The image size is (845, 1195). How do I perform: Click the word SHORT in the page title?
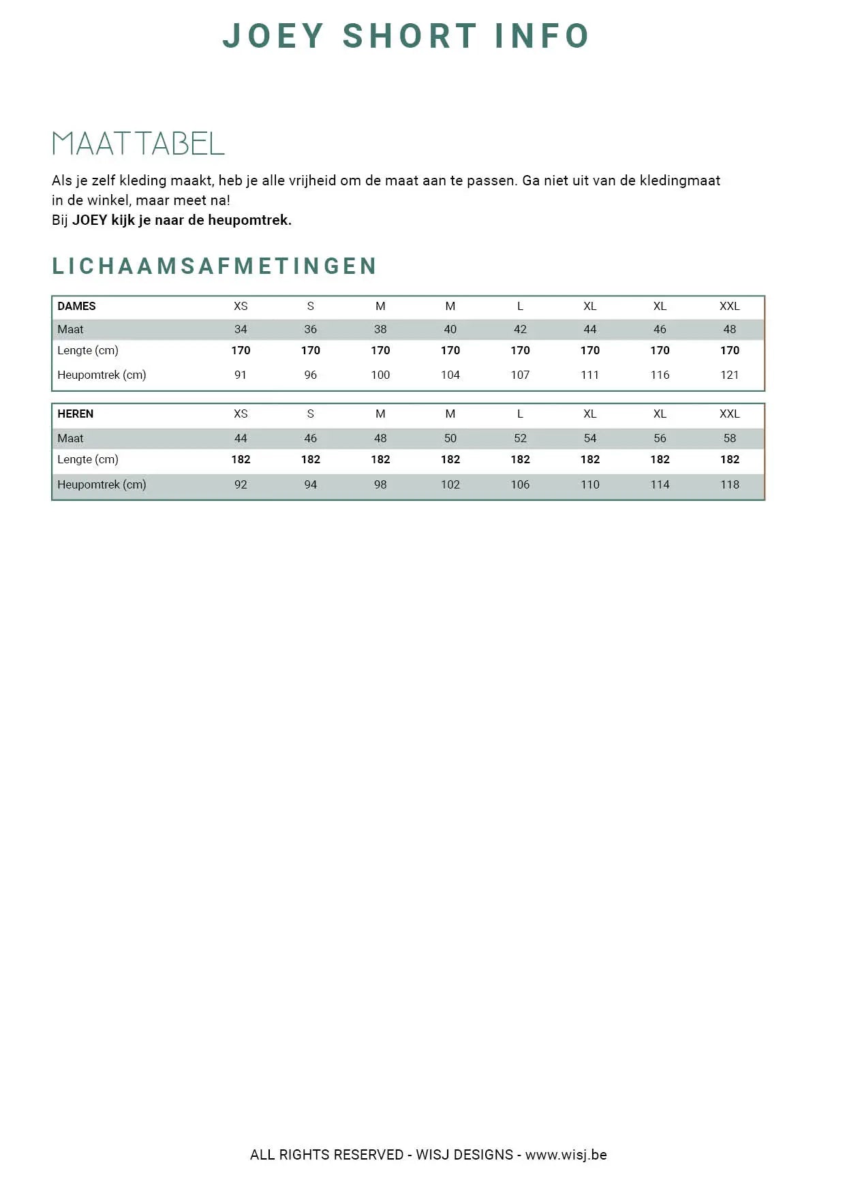click(x=409, y=36)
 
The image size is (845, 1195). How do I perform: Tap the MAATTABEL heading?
click(x=138, y=144)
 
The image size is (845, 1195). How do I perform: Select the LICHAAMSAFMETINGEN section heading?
click(x=214, y=266)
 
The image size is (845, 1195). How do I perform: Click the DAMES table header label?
click(x=76, y=306)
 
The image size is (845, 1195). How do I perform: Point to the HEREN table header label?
click(x=75, y=414)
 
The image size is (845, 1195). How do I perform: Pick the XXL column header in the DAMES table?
click(x=729, y=306)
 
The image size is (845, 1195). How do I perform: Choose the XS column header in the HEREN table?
click(x=241, y=414)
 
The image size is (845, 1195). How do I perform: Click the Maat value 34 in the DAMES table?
click(x=241, y=329)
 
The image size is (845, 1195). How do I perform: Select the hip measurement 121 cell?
click(x=729, y=375)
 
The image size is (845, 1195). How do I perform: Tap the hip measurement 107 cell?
click(x=520, y=375)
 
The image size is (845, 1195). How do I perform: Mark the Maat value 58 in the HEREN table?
click(x=729, y=438)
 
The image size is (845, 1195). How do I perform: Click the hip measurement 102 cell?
click(x=450, y=484)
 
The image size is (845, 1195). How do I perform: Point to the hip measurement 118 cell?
click(x=729, y=484)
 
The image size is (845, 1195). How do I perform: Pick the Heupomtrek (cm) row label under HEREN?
click(x=102, y=484)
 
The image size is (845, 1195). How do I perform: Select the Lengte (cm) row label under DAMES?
click(x=88, y=350)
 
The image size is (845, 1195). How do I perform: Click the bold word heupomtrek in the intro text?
click(x=249, y=220)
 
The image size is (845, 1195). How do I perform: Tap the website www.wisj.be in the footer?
click(x=566, y=1155)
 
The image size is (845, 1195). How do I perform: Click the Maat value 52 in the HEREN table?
click(x=520, y=438)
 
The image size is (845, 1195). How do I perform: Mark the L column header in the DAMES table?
click(x=520, y=306)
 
